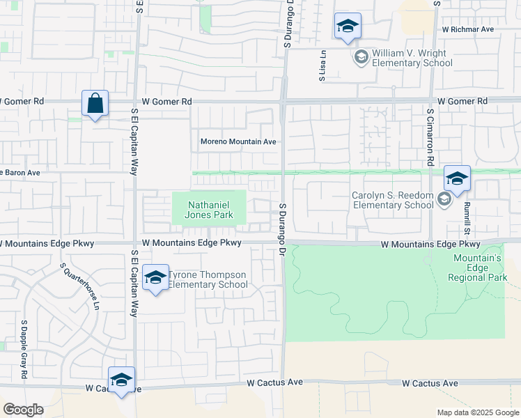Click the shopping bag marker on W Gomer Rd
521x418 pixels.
(x=95, y=104)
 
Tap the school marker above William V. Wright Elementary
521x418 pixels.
(x=347, y=28)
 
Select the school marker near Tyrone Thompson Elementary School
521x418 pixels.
(x=155, y=279)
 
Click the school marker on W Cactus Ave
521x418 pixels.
(x=121, y=380)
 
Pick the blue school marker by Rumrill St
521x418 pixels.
(x=457, y=180)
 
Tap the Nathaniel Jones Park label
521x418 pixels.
(x=209, y=210)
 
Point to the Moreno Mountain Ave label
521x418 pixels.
(x=238, y=141)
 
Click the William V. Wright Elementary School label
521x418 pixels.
(x=412, y=58)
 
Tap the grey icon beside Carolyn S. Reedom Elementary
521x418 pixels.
(x=444, y=201)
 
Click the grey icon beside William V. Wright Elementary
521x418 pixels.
(x=361, y=57)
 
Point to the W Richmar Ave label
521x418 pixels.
(x=467, y=30)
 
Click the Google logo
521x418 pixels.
(x=23, y=410)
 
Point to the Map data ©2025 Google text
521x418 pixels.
(x=478, y=412)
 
